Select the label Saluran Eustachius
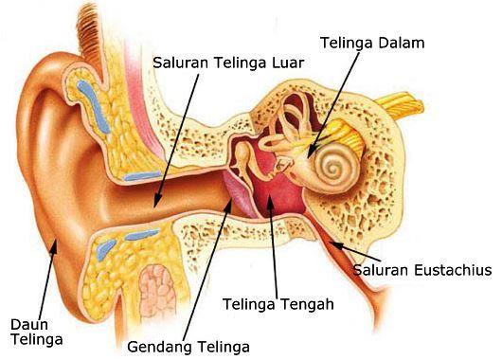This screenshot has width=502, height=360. point(422,270)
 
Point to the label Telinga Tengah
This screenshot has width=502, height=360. point(278,304)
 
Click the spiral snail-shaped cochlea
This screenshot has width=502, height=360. point(332,169)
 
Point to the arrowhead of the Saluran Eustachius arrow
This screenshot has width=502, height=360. point(332,243)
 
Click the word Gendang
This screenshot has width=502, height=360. point(159,345)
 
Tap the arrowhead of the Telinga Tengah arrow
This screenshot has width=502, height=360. point(268,193)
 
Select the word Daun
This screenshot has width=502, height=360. point(27,323)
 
